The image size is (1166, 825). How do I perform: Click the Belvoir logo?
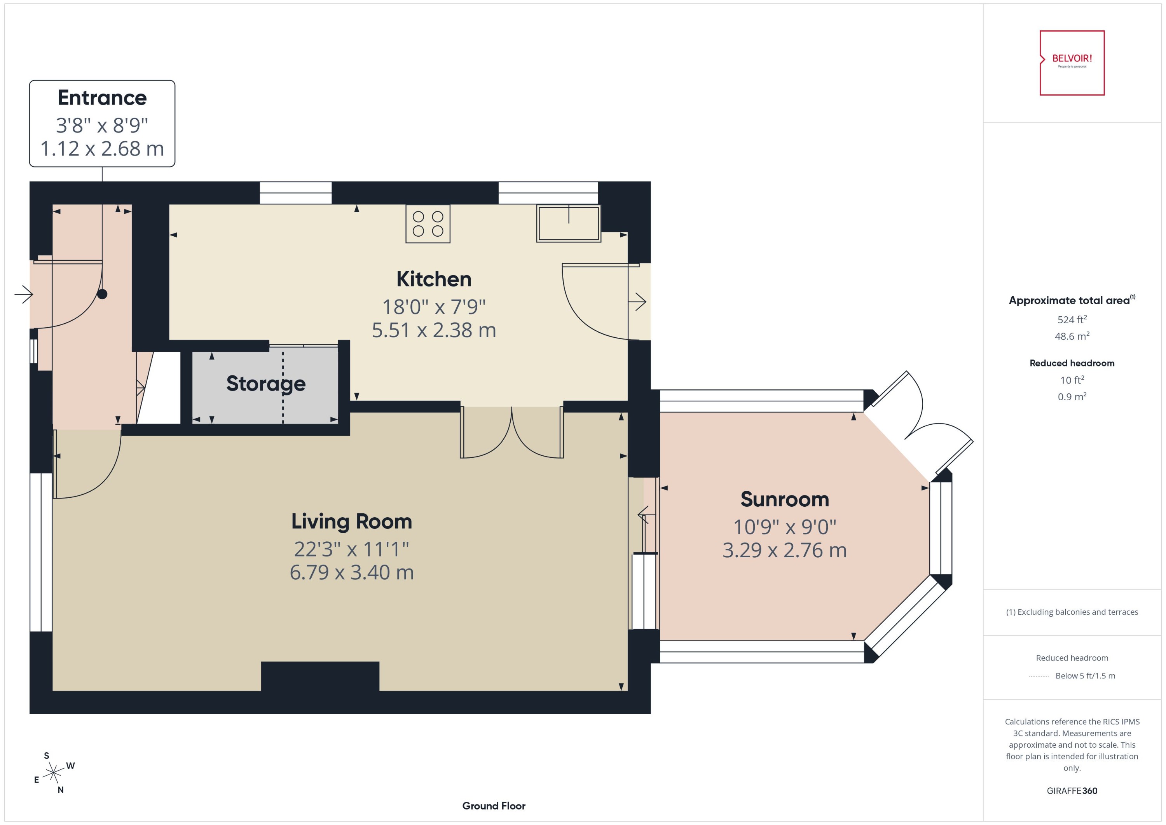(1072, 63)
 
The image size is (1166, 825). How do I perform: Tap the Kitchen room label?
(433, 279)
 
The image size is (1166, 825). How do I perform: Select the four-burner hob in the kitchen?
(428, 223)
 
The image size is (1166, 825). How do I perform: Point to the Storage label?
(266, 384)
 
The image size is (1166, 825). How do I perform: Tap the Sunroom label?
(784, 499)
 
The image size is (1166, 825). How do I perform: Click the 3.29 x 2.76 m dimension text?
(784, 550)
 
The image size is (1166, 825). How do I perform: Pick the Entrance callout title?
(102, 98)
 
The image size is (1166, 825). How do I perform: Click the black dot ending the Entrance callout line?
(102, 294)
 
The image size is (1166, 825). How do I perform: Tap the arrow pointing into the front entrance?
(23, 294)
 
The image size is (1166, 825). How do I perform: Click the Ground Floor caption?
(493, 806)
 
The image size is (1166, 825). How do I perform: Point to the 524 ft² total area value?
(1072, 319)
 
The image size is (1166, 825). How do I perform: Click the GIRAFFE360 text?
(1072, 790)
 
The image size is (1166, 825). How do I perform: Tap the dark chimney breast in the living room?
(320, 676)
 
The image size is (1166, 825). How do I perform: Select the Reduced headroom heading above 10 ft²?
(1072, 363)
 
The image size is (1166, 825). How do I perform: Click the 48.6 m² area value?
(1072, 336)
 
